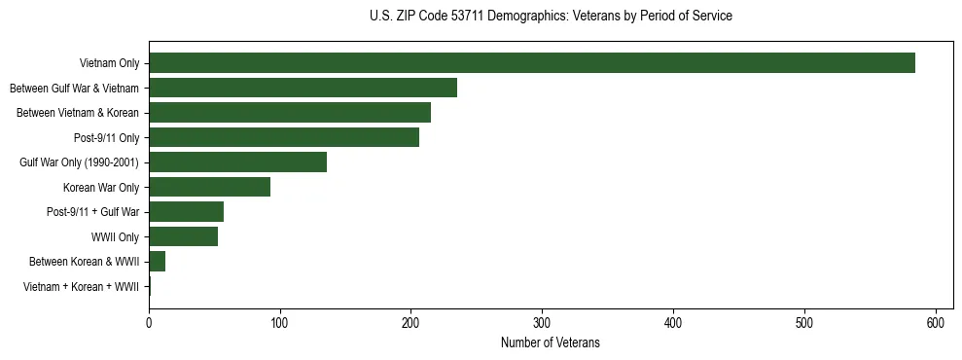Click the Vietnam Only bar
532,62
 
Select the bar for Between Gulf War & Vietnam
303,88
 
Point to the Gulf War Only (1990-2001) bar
237,162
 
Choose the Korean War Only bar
209,187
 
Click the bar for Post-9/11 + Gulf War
186,211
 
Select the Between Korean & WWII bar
157,261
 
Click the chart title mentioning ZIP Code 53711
551,17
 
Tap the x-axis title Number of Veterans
551,342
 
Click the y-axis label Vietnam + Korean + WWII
81,287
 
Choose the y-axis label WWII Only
115,237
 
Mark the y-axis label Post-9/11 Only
107,138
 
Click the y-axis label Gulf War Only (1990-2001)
79,162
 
